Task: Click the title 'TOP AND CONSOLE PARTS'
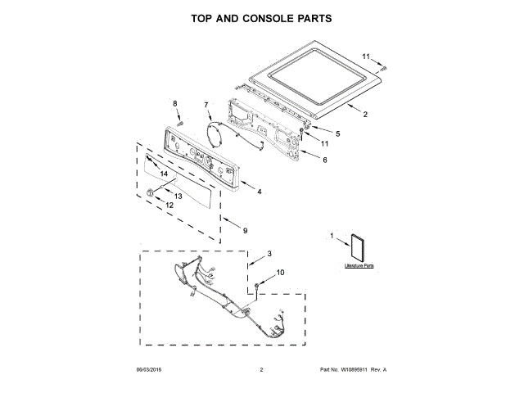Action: (261, 17)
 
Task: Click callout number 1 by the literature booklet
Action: (332, 237)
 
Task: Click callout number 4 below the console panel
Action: (260, 192)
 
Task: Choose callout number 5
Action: (337, 133)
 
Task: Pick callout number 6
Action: (324, 160)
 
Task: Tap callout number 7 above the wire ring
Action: (206, 105)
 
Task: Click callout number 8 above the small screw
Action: (174, 102)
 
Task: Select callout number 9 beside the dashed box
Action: (245, 230)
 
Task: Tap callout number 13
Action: (178, 196)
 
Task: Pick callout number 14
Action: (164, 174)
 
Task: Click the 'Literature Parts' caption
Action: (359, 267)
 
